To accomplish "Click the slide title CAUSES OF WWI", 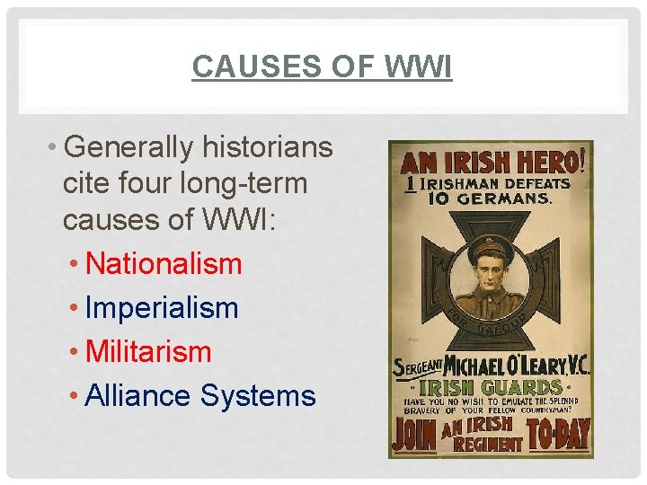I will click(x=322, y=66).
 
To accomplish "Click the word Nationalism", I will click(x=164, y=264).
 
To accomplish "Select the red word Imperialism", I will click(x=162, y=308).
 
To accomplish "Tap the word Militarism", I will click(x=148, y=352).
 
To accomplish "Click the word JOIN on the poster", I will click(x=413, y=435).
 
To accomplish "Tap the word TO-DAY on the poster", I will click(x=558, y=435).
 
